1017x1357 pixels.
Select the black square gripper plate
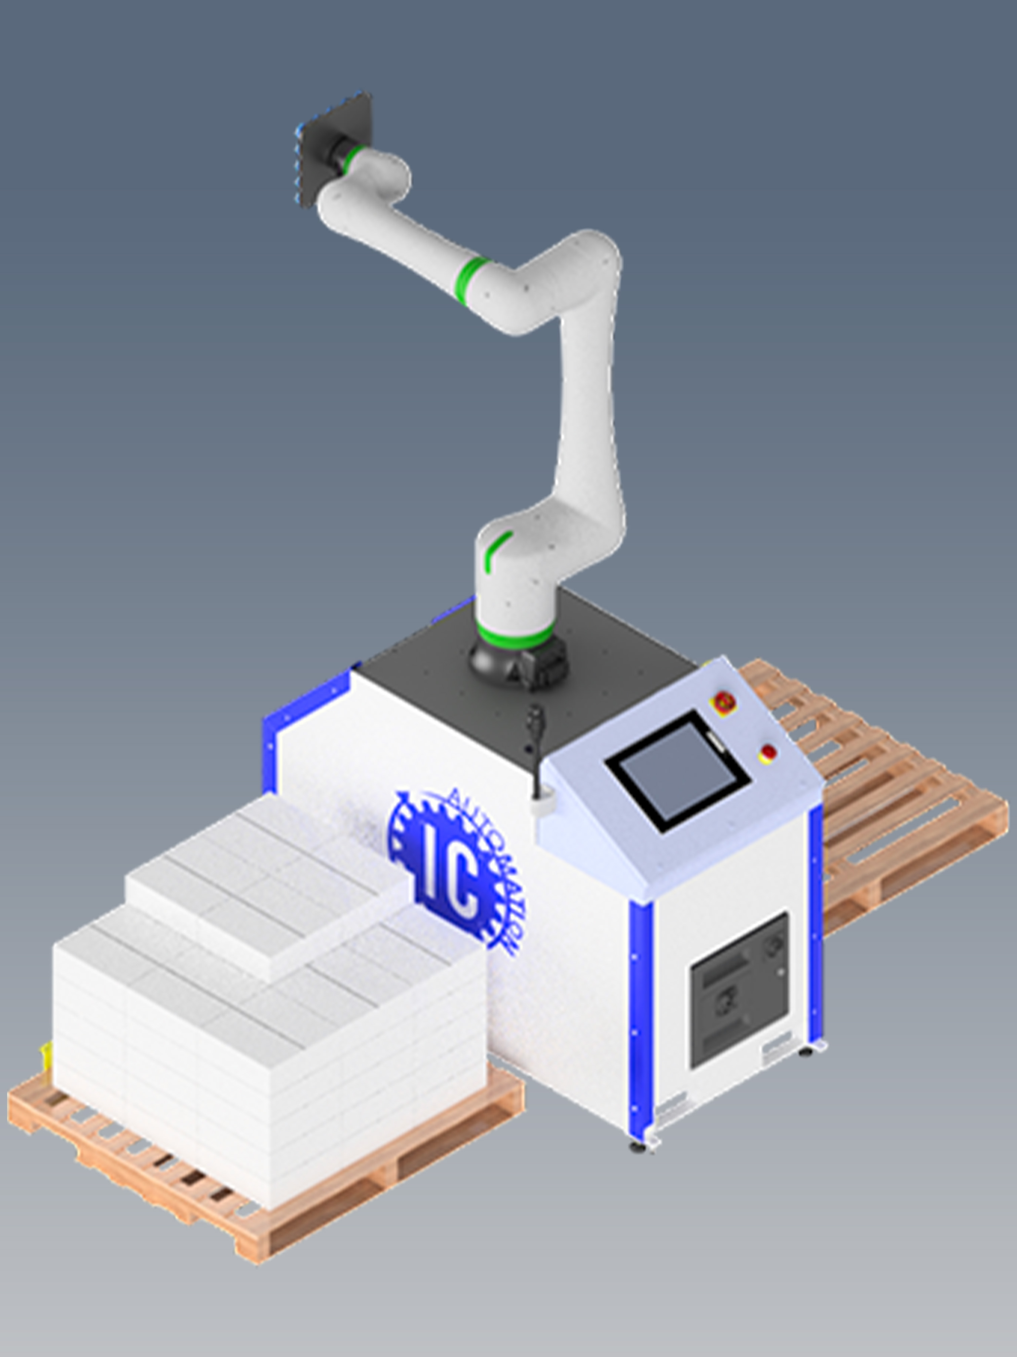point(334,147)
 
